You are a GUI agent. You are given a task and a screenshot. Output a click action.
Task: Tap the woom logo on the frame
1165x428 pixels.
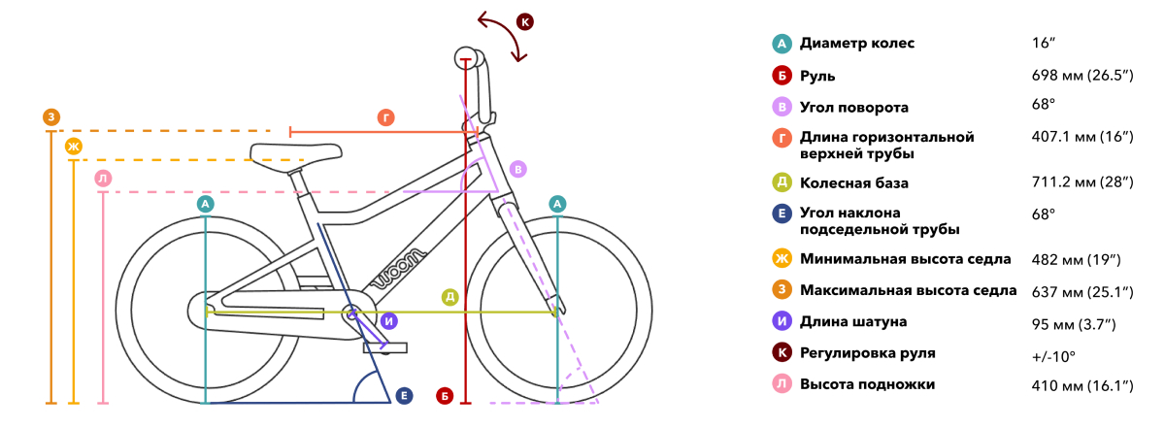[399, 270]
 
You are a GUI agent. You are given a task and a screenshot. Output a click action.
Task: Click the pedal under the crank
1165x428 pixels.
[385, 347]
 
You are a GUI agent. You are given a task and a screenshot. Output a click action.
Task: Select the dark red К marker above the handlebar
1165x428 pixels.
[525, 22]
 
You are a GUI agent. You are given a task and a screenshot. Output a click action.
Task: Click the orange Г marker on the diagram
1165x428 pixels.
[386, 117]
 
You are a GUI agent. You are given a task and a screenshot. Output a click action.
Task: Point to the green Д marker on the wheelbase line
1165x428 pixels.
[449, 297]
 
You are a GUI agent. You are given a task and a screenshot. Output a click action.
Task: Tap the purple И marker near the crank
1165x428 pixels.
[389, 321]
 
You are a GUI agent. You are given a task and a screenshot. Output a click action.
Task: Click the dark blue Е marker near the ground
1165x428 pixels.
[404, 396]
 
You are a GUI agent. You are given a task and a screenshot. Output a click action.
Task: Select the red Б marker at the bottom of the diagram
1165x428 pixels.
[445, 396]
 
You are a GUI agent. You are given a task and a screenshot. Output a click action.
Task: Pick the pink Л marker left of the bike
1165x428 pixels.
[103, 179]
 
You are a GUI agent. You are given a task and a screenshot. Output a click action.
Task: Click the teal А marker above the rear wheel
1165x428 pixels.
[206, 204]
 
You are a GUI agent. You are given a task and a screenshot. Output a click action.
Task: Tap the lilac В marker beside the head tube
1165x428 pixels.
[518, 169]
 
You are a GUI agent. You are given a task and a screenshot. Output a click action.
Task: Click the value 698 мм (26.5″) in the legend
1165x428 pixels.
[1082, 76]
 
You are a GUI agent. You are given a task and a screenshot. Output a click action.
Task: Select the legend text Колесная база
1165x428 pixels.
[854, 183]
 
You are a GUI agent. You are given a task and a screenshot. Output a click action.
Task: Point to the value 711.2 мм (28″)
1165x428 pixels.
[1082, 182]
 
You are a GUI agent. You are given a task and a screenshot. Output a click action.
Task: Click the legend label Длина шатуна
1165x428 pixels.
[853, 322]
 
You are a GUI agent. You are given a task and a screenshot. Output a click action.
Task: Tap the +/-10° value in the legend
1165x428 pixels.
[1053, 357]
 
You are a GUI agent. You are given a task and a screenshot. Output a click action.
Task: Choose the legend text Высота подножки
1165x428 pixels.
[868, 384]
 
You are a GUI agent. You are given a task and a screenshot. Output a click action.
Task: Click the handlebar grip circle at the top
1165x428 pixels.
[466, 58]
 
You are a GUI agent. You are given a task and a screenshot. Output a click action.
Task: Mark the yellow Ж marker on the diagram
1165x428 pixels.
[74, 147]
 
